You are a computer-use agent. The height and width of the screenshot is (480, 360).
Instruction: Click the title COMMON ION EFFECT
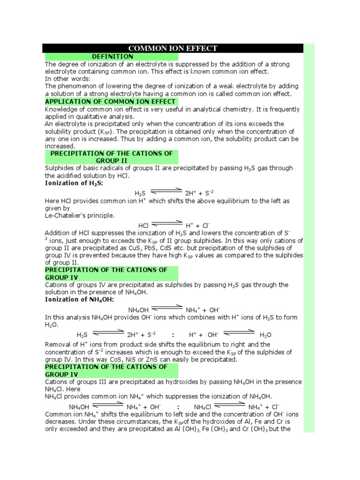point(173,48)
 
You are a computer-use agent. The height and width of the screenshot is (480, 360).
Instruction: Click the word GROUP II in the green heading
point(112,160)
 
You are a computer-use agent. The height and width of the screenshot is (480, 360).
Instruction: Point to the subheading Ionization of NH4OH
point(79,299)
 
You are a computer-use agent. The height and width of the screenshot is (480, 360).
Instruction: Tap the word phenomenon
point(75,86)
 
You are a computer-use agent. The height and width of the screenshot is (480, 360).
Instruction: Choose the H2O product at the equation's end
point(265,335)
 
